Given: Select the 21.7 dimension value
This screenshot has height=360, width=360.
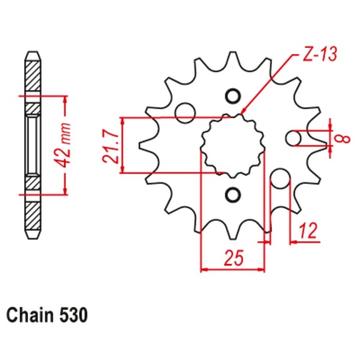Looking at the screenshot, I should coord(108,145).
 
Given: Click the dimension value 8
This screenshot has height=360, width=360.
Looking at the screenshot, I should coord(343,139).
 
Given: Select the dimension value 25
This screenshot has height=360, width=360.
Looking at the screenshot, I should coord(233,259).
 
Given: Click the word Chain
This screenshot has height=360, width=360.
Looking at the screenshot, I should coord(31,314).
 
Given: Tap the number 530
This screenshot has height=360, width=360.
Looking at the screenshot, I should coord(74,314).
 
